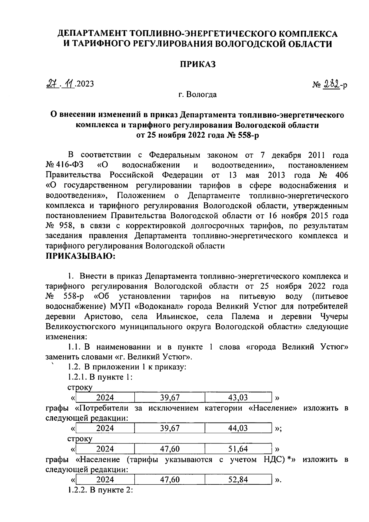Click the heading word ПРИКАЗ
198,64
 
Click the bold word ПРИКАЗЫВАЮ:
81,256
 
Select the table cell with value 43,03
238,397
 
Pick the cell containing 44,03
238,428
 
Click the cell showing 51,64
238,449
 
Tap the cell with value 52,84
238,480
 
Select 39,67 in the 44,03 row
170,428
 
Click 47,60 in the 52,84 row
170,480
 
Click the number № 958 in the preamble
60,226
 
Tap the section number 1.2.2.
78,490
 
